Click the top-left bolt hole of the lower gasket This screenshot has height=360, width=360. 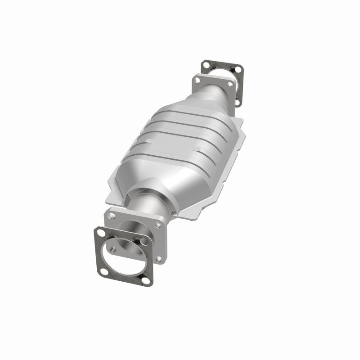101,233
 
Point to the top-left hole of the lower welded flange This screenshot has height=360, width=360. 111,216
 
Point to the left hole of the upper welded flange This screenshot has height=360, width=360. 197,81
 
